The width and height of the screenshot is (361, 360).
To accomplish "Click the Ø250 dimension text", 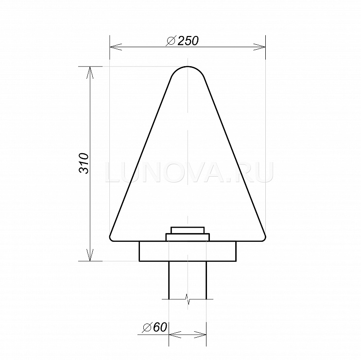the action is (x=182, y=41).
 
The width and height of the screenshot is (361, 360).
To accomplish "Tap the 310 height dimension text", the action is (x=84, y=163).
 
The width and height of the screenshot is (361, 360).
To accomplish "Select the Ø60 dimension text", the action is (x=154, y=327).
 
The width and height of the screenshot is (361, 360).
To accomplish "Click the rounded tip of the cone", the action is (x=188, y=67).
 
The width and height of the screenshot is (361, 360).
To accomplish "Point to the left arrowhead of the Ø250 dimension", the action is (x=116, y=47).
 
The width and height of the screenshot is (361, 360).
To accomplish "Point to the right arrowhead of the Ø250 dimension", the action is (x=259, y=47).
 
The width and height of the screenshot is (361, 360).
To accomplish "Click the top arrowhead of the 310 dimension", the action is (x=90, y=72).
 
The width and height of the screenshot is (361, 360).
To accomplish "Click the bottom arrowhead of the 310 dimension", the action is (x=90, y=255).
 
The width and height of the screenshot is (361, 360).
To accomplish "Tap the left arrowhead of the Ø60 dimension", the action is (x=175, y=335).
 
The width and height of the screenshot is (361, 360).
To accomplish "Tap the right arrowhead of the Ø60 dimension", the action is (x=200, y=335).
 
